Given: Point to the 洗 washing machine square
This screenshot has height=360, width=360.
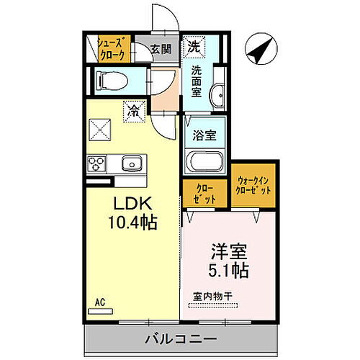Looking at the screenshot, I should [x=194, y=47].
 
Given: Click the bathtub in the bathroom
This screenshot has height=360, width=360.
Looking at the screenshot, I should [x=204, y=161].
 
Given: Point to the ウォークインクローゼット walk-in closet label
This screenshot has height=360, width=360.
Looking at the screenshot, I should [x=253, y=186].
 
